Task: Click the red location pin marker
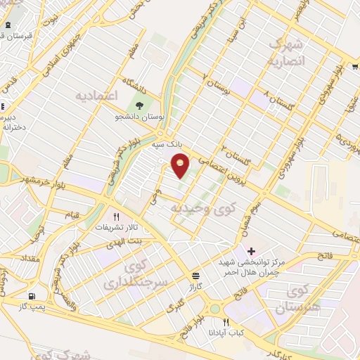181,167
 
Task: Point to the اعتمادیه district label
96,94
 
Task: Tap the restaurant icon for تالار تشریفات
117,217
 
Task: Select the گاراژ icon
195,276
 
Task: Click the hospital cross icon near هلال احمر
251,251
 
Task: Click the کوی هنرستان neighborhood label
306,300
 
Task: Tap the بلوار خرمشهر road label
42,174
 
